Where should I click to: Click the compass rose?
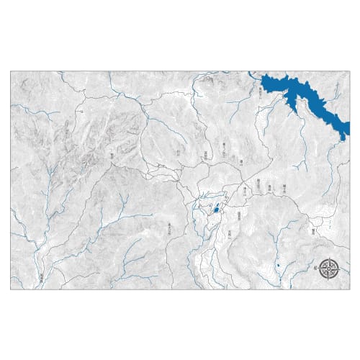pos(330,269)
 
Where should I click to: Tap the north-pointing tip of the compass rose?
pos(330,258)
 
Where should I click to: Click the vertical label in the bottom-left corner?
pos(42,276)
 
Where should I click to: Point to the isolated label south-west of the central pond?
pos(169,226)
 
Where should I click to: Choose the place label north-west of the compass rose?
pos(312,232)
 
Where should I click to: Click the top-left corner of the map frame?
pos(12,71)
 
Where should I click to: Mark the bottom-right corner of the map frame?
pos(348,289)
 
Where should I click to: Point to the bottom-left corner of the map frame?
pos(12,289)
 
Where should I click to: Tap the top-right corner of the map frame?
pos(348,71)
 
